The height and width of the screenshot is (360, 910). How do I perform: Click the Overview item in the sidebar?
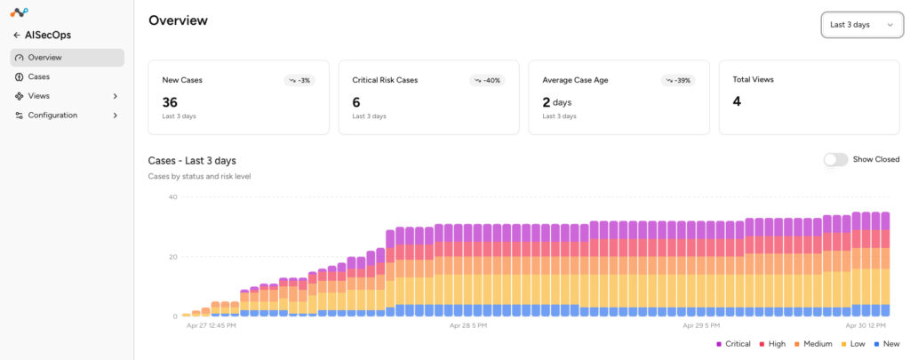[67, 58]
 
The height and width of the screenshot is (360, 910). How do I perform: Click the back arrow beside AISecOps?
[17, 36]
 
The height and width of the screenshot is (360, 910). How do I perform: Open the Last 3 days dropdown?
[862, 24]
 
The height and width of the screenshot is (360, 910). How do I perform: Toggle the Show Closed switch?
[835, 159]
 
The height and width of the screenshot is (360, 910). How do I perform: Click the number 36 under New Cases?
[170, 102]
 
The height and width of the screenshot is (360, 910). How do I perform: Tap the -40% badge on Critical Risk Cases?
[487, 80]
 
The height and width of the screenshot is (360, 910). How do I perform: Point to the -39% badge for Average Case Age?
[678, 80]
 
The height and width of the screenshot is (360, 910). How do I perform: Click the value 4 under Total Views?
[737, 101]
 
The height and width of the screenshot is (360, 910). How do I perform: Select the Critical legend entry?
[733, 344]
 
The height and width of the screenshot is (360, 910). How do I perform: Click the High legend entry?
[772, 344]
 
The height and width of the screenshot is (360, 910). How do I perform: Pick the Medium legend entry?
[813, 344]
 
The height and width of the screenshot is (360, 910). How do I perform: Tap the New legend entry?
[887, 344]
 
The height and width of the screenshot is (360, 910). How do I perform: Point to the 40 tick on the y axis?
[172, 196]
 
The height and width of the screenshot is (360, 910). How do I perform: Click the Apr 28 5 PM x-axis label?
[468, 325]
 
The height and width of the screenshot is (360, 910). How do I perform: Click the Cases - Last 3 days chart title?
[192, 161]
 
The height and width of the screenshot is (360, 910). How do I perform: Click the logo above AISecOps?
[20, 12]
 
